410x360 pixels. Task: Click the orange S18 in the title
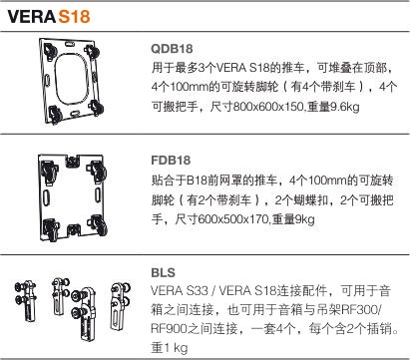click(74, 16)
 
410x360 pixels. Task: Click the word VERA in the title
click(32, 16)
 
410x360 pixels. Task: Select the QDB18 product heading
click(172, 49)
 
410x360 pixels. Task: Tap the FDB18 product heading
click(171, 161)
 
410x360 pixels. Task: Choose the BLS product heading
click(164, 272)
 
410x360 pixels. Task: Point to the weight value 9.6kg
click(345, 107)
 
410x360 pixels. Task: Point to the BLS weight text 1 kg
click(176, 348)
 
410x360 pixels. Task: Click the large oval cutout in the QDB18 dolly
click(72, 79)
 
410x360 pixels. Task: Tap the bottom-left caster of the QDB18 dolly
click(55, 115)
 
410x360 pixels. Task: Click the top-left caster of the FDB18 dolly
click(49, 171)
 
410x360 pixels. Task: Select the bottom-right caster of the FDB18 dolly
click(98, 224)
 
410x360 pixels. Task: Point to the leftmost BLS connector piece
click(26, 301)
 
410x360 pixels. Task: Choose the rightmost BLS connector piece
click(120, 305)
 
